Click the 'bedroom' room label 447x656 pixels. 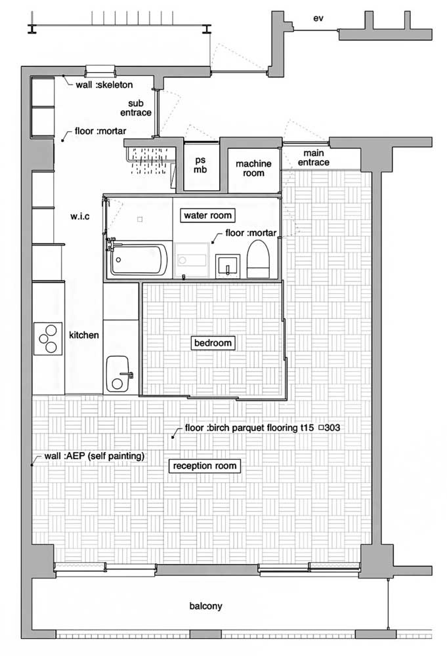(213, 343)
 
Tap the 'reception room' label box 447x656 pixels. (205, 466)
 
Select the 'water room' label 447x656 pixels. (207, 215)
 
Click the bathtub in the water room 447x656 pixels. (138, 259)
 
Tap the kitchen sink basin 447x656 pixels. (117, 374)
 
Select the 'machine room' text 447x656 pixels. (253, 168)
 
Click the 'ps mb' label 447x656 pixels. (200, 165)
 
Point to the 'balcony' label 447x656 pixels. (205, 605)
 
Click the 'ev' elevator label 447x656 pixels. (318, 18)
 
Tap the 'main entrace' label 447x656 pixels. (314, 157)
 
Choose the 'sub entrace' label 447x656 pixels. (136, 108)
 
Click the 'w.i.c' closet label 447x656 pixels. (80, 216)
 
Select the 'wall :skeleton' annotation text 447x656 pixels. (104, 85)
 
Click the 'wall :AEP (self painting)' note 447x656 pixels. (94, 456)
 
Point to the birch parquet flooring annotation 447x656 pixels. (263, 428)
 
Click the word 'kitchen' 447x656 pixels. (84, 335)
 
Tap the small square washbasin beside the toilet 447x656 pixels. (228, 265)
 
